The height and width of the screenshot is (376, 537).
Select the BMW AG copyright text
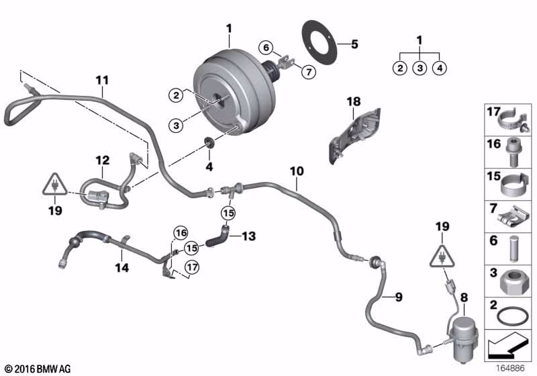coord(38,369)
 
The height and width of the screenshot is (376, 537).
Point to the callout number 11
coord(101,81)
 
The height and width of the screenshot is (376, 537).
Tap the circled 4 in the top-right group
coord(439,67)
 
